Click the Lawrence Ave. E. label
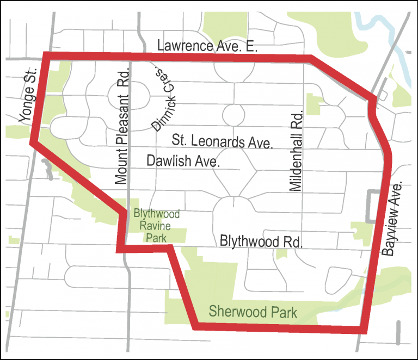(x=207, y=47)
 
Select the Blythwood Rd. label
(x=261, y=241)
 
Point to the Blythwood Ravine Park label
(x=156, y=225)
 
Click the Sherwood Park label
(x=253, y=312)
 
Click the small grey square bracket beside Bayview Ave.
(x=372, y=206)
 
